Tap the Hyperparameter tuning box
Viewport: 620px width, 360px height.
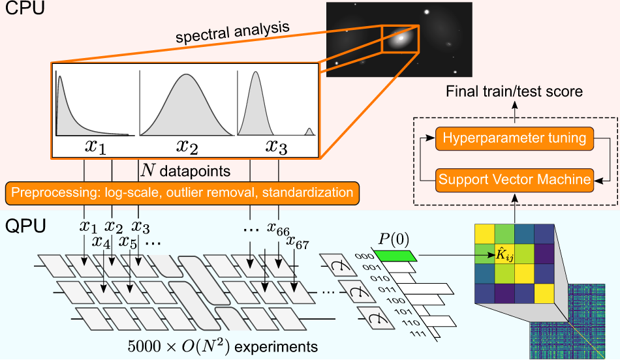click(x=514, y=138)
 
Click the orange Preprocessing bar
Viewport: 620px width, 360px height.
click(x=182, y=192)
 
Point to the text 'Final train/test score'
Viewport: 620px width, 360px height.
click(x=514, y=92)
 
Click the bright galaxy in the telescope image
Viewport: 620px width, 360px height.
click(x=398, y=38)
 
